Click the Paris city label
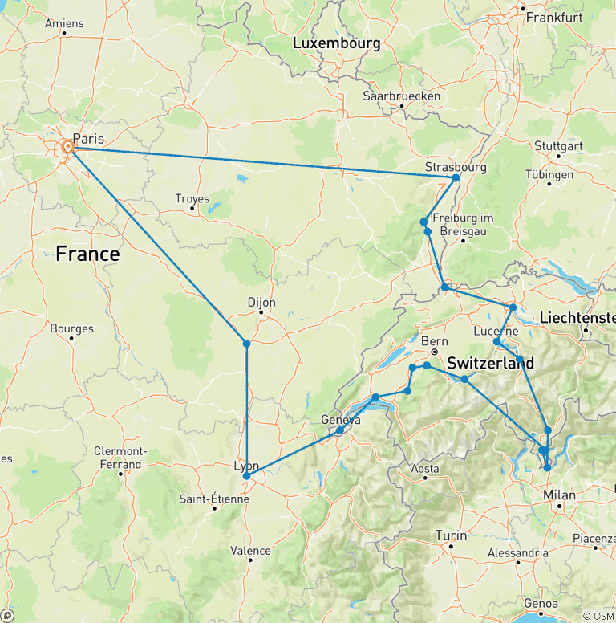pos(88,138)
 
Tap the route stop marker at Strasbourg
pos(456,178)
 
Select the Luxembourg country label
pos(336,43)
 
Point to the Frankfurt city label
pos(553,16)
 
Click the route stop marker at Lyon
pos(246,477)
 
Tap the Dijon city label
pos(261,303)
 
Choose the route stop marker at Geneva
pos(339,431)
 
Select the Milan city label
pos(559,495)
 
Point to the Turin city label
pos(450,535)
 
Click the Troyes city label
pos(192,198)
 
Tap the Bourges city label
pos(71,328)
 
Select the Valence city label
pos(250,550)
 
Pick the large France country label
pos(87,254)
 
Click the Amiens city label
pos(64,23)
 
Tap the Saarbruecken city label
pos(402,96)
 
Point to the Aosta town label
pos(425,468)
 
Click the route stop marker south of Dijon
pos(246,344)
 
